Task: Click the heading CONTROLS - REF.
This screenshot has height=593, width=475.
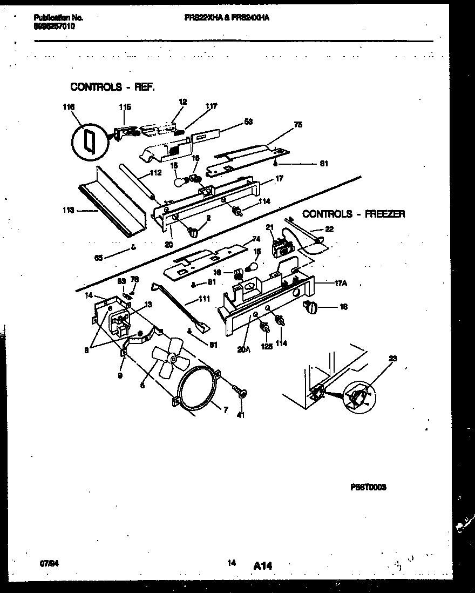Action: (112, 87)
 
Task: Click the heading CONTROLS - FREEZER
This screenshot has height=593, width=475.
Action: (354, 214)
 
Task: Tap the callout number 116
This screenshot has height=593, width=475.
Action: (68, 107)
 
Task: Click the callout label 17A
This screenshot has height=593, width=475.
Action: (340, 283)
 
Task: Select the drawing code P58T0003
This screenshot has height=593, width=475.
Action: (368, 487)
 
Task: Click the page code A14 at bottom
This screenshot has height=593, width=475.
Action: (262, 565)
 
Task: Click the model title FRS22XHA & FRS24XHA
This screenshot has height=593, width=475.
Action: (226, 17)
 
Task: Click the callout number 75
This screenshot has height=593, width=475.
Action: (298, 125)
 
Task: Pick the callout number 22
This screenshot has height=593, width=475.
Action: (329, 229)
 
